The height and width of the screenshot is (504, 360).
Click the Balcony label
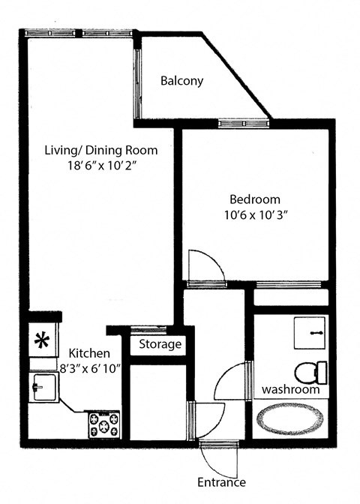tap(182, 81)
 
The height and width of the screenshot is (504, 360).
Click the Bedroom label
tap(254, 199)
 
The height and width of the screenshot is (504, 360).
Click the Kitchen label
tap(90, 352)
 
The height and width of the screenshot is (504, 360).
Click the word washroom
tap(290, 390)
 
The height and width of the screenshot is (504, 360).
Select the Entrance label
tap(220, 482)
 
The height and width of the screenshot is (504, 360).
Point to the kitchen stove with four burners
tap(103, 426)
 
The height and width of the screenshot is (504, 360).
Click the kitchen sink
tap(40, 387)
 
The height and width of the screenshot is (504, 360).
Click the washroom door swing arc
tap(229, 382)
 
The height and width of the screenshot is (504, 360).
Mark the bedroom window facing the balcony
tap(244, 122)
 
